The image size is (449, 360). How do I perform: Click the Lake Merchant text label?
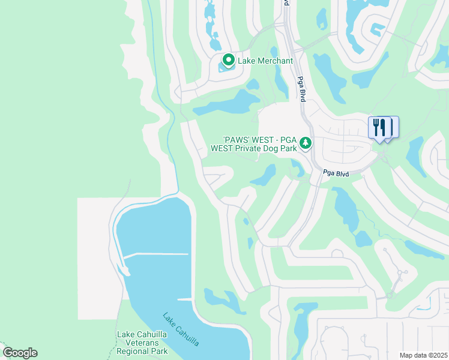265,61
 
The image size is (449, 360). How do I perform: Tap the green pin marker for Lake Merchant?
228,61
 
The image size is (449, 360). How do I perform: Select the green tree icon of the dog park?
306,143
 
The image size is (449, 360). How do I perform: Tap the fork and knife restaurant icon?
379,128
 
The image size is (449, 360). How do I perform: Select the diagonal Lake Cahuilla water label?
181,329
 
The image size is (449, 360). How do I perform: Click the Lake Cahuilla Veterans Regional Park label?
143,343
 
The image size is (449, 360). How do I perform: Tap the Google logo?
20,353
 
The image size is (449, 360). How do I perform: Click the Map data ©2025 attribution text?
423,355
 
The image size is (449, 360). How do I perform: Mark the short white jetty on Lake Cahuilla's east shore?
185,299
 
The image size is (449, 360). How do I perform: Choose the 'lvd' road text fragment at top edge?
286,3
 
